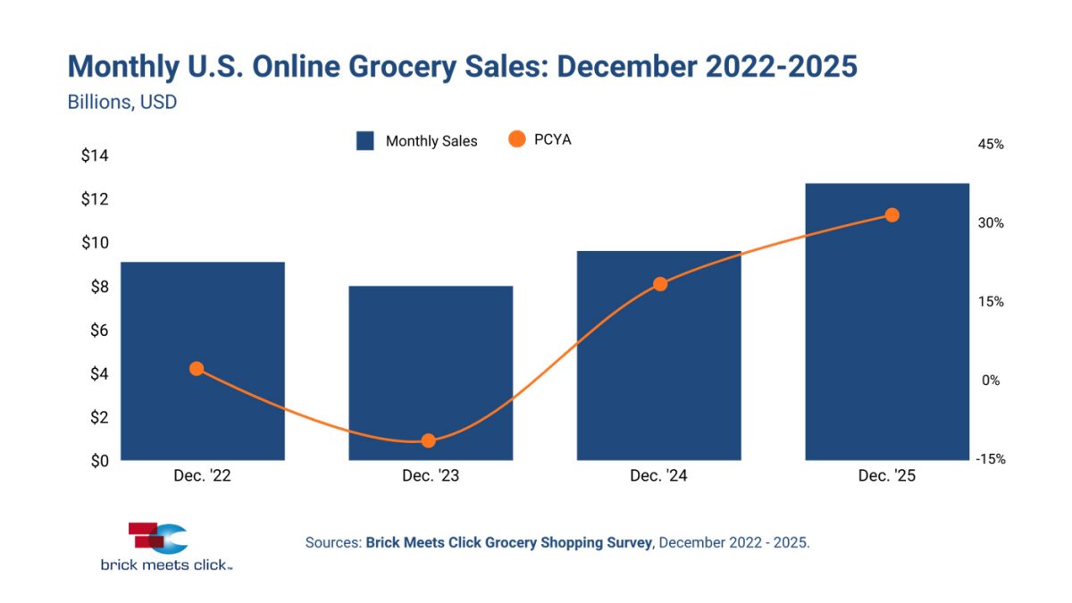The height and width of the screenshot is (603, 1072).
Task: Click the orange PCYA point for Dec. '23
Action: click(429, 440)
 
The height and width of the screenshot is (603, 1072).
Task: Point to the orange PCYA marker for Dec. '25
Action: click(892, 214)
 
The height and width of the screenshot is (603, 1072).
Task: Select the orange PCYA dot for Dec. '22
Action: click(197, 369)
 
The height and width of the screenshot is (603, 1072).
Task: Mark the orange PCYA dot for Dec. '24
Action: click(660, 284)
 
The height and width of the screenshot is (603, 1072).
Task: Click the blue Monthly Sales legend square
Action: click(364, 141)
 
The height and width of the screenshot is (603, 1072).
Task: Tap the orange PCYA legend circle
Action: click(516, 139)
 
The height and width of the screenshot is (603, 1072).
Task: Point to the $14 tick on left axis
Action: click(94, 156)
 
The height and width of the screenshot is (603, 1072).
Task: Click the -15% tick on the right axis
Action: click(990, 459)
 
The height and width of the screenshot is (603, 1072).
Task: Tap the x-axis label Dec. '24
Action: click(658, 476)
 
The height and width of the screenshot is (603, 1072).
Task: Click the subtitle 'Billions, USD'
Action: click(122, 102)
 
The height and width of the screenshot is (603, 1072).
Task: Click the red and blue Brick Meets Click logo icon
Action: click(158, 538)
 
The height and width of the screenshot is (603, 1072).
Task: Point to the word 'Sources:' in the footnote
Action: click(333, 542)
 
